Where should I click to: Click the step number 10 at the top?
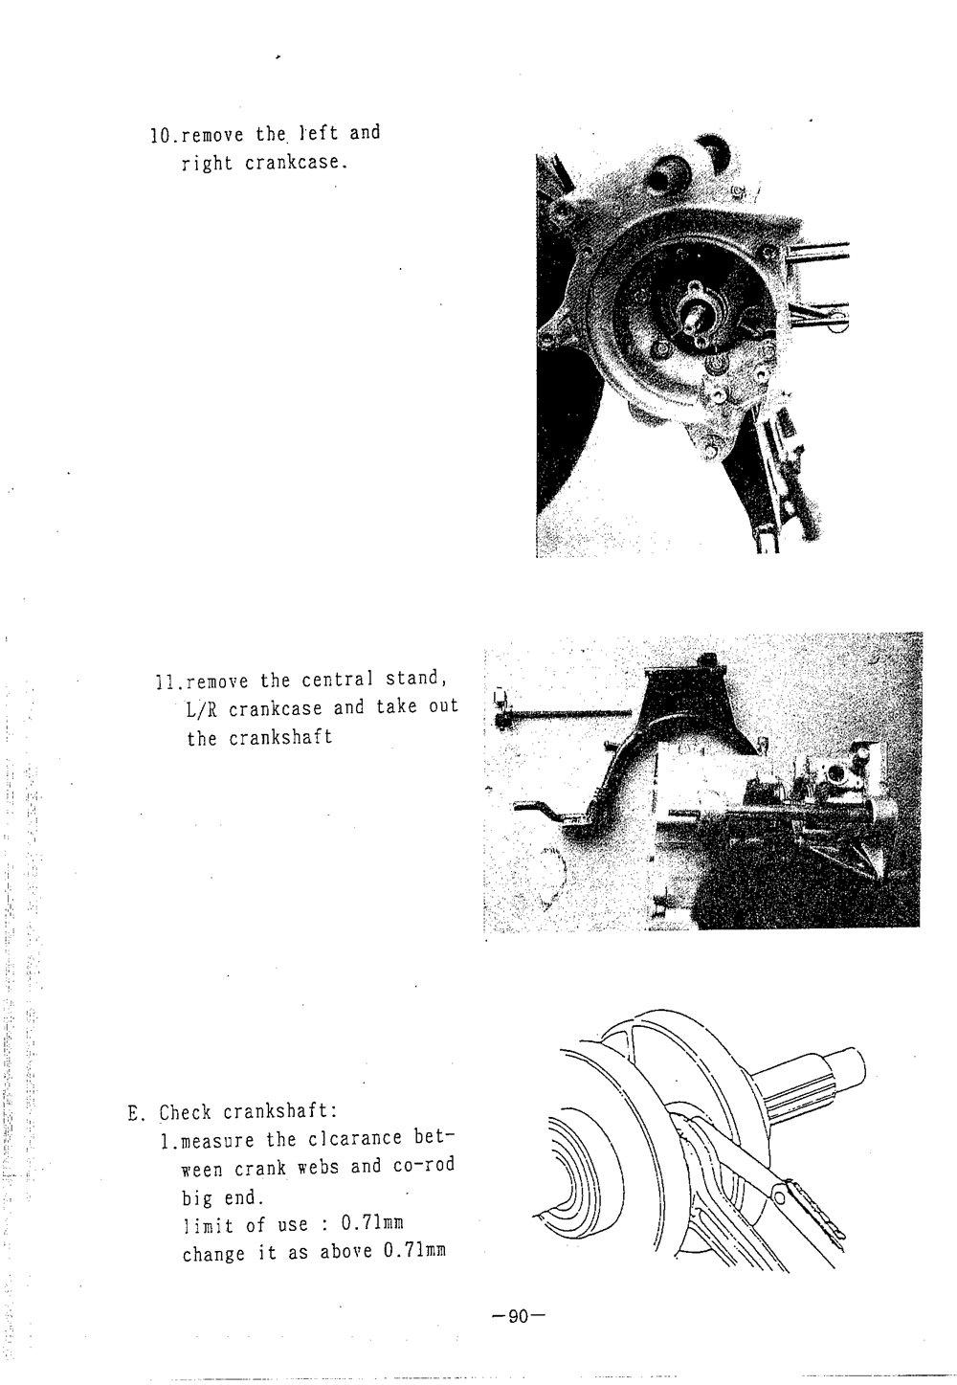(159, 134)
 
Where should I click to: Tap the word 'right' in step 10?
(208, 163)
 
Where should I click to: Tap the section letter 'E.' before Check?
(136, 1113)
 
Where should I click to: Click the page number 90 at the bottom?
(518, 1317)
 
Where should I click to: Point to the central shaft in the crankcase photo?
(696, 316)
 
